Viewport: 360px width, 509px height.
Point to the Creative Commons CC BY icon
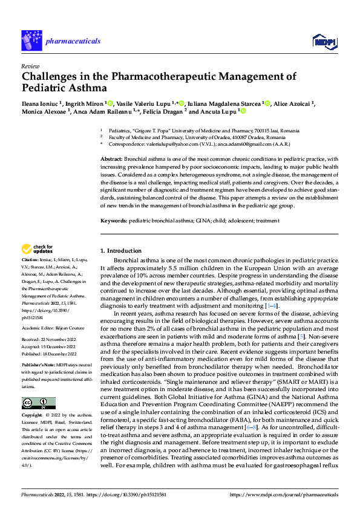39,403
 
